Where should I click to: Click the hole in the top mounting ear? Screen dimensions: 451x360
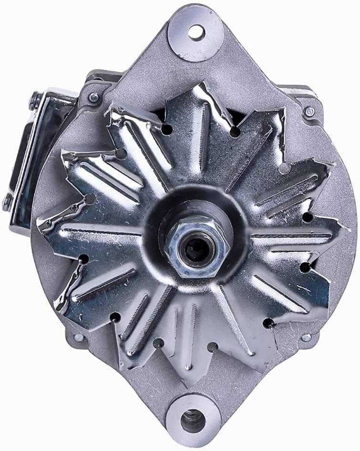point(195,32)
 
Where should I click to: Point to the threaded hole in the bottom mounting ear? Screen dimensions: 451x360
point(193,420)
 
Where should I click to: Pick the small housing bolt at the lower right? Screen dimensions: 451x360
point(306,337)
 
